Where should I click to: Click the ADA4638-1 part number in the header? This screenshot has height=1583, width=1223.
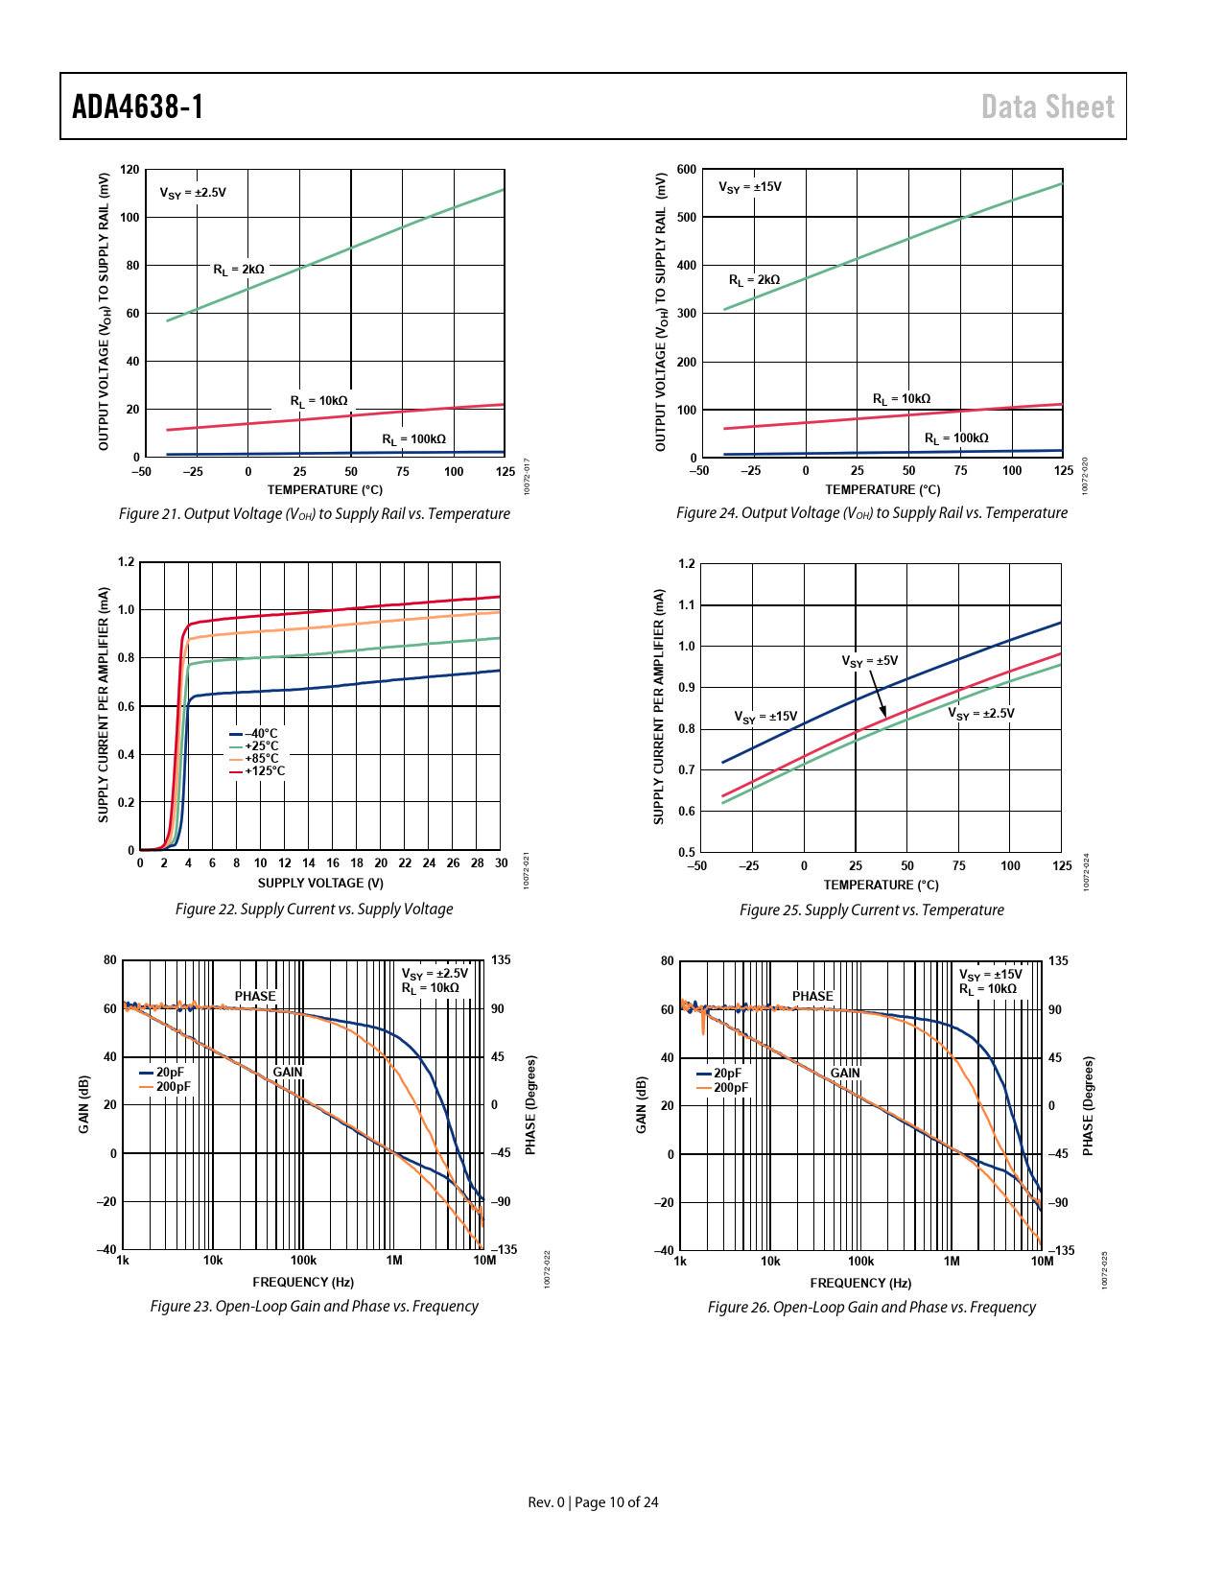138,106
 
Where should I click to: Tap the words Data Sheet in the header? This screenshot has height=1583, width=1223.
1047,106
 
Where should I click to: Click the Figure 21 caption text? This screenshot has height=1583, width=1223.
314,514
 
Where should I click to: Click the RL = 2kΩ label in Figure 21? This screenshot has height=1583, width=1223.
239,270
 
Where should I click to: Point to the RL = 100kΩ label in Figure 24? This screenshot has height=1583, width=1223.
956,438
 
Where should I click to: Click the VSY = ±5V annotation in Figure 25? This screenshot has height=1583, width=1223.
870,661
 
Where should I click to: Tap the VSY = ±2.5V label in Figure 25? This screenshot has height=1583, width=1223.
981,714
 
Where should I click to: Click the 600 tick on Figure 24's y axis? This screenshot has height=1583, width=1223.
687,170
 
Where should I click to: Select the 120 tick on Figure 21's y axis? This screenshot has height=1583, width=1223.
129,170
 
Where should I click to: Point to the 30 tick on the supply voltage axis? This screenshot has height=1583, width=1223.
501,863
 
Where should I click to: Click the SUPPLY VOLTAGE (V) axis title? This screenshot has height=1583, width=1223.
320,884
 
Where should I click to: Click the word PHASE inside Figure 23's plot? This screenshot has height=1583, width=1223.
255,996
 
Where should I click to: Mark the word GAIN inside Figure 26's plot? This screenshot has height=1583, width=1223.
845,1073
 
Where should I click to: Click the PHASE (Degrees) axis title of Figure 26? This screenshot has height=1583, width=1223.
1088,1106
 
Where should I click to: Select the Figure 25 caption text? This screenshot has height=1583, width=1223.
871,910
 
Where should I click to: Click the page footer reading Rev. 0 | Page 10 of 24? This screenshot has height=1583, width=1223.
593,1502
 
